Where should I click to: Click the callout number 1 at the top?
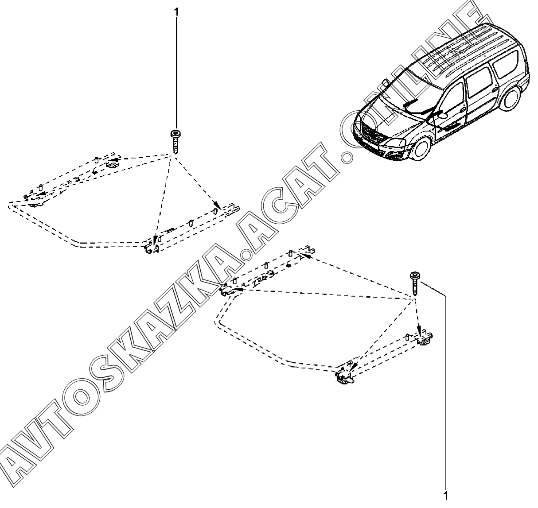tap(177, 12)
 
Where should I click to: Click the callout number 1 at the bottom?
tap(446, 496)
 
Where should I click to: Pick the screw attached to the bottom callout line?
tap(415, 283)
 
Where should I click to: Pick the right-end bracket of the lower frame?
tap(424, 339)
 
